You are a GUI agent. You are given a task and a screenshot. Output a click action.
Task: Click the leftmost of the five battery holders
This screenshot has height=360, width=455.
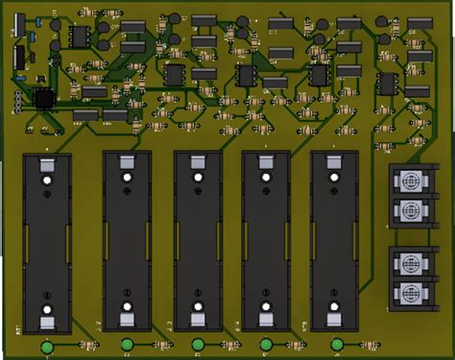(x=46, y=240)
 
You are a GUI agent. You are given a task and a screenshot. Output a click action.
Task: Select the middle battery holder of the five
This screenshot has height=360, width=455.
(x=198, y=240)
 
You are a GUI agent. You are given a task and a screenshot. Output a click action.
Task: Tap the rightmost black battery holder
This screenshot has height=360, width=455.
(x=335, y=240)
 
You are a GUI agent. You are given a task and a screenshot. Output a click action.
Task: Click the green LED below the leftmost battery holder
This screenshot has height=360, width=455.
(x=46, y=346)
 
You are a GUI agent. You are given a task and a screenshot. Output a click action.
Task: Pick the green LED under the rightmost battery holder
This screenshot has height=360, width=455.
(x=337, y=346)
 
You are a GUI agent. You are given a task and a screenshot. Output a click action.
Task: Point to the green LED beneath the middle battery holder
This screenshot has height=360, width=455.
(x=198, y=346)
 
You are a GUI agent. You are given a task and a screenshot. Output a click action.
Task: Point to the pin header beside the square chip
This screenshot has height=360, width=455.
(x=16, y=102)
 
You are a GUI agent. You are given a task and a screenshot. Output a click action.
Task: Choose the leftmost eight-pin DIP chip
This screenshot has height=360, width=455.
(x=77, y=36)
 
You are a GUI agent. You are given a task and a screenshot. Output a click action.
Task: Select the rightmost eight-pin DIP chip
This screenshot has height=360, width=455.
(x=387, y=84)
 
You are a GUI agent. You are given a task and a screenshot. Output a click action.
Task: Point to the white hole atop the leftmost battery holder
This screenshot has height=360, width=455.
(x=46, y=180)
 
